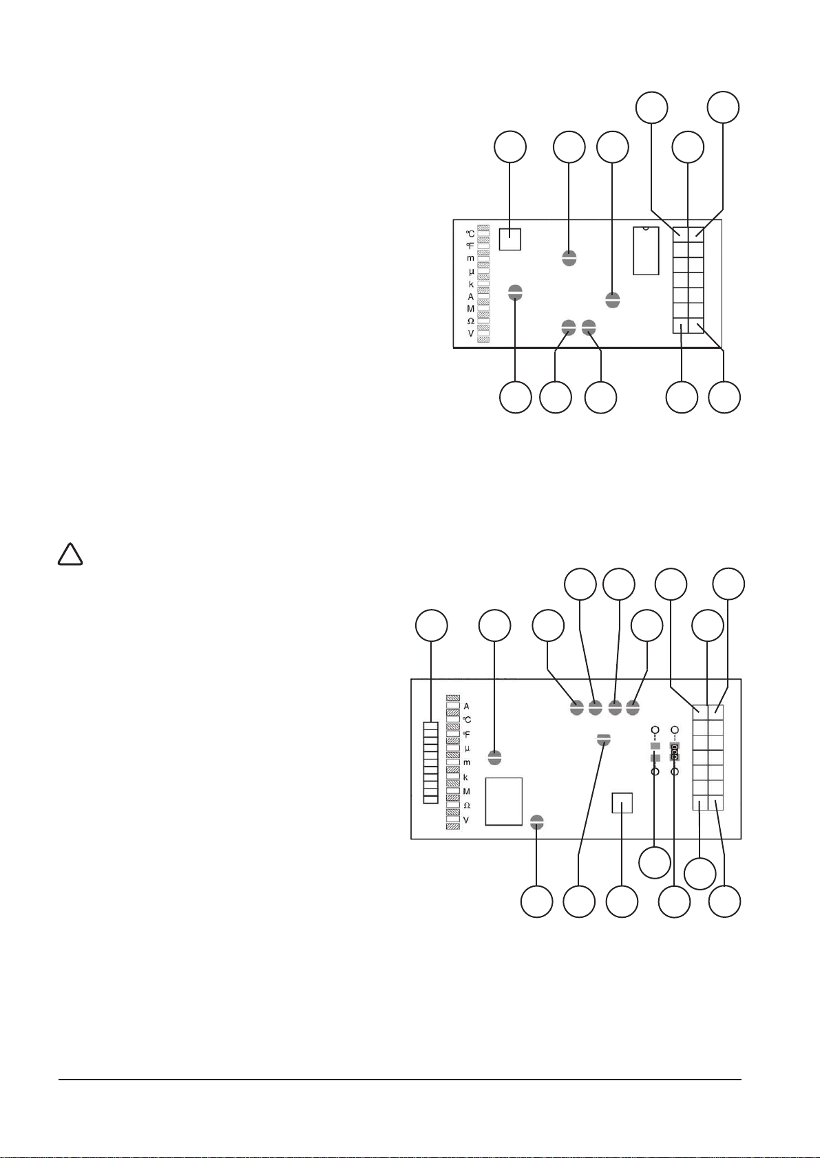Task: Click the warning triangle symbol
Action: (x=70, y=555)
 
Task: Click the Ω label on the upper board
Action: (x=470, y=321)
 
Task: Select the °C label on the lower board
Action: (x=467, y=720)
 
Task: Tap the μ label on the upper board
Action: (x=471, y=271)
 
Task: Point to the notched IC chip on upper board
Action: (x=646, y=250)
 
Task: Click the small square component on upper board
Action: (x=509, y=239)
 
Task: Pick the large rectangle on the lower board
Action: (x=504, y=801)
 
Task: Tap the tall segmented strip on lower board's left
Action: (x=431, y=762)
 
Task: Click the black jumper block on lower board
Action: (x=675, y=751)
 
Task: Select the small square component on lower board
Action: (x=622, y=803)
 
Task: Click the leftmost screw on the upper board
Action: (x=516, y=292)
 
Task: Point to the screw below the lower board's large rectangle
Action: (x=538, y=821)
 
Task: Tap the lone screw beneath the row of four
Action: (x=604, y=739)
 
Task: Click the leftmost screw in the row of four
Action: (x=577, y=707)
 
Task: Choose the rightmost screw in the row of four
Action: (x=633, y=707)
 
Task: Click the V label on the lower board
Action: (x=466, y=820)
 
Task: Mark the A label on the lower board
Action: (x=466, y=706)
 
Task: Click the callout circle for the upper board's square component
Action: (x=510, y=148)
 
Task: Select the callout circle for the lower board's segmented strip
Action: (x=431, y=625)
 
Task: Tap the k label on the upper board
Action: (x=471, y=284)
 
